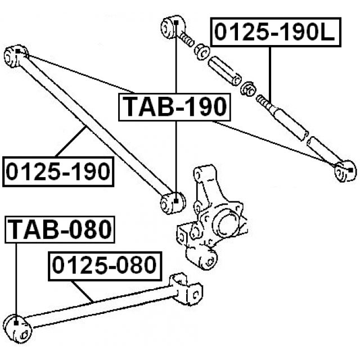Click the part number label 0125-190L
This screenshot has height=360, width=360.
coord(274,34)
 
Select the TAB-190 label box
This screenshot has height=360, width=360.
coord(175,106)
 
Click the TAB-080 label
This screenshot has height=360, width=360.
coord(60,229)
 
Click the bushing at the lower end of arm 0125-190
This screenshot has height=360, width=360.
coord(172,202)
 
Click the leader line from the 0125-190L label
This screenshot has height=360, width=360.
coord(271,73)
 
